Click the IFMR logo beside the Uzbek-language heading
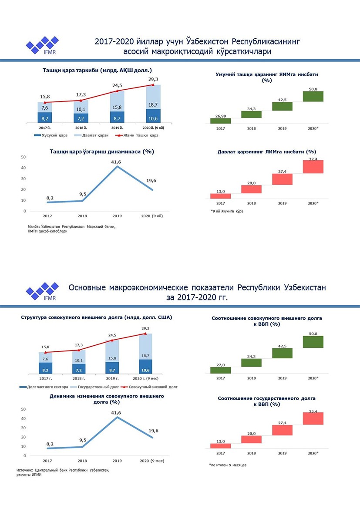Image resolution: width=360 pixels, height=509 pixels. [42, 45]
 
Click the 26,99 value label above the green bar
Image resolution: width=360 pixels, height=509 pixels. [220, 116]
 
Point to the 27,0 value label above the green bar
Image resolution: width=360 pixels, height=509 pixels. [220, 365]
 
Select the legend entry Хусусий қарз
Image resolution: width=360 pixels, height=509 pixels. [51, 135]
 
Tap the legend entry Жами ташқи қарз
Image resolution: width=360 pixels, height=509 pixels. [137, 135]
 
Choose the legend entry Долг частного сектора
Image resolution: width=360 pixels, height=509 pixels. [44, 387]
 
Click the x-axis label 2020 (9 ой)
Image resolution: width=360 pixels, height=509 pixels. [152, 216]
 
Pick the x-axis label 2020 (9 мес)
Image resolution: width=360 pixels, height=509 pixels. [152, 461]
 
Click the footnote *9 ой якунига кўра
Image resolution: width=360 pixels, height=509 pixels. [227, 211]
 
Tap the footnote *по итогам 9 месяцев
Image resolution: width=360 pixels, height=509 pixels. [228, 465]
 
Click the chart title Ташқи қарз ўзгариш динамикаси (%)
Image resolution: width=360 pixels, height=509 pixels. [101, 152]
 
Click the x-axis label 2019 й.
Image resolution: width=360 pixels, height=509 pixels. [117, 128]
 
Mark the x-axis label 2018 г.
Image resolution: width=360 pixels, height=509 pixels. [79, 378]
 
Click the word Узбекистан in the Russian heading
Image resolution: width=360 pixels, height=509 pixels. [305, 288]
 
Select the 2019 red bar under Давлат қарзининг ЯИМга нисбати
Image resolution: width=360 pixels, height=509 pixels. [283, 179]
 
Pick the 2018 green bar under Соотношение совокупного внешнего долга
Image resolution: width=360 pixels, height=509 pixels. [251, 363]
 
